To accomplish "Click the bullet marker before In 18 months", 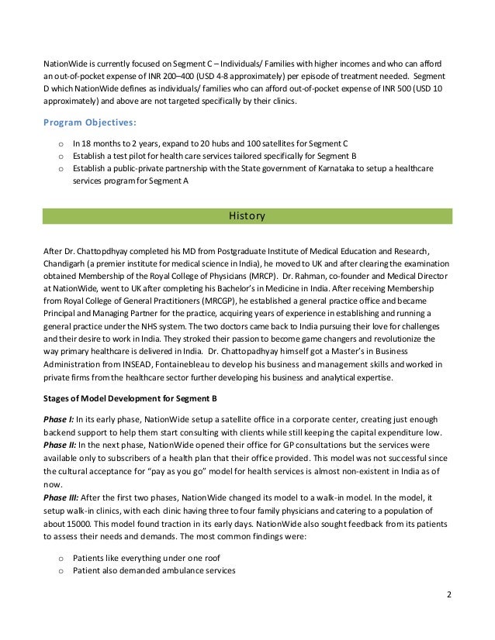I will coord(61,143).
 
